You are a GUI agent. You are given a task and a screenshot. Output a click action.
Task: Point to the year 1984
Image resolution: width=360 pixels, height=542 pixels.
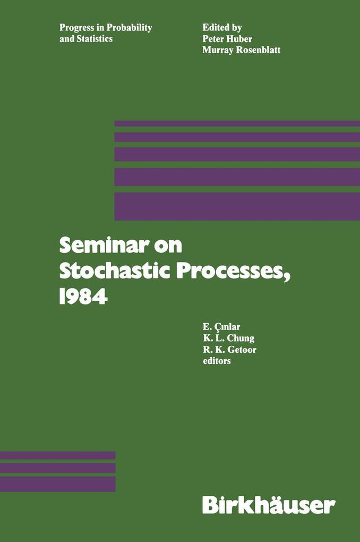pos(84,296)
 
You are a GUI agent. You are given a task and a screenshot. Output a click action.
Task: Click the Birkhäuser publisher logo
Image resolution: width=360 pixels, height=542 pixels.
pos(269,504)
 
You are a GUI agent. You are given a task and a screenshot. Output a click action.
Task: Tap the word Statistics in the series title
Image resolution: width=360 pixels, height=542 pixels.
pos(96,39)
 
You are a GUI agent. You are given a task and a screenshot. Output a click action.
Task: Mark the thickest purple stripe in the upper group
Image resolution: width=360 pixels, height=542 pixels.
pos(237,206)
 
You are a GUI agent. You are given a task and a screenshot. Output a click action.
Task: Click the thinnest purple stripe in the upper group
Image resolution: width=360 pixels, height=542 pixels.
pos(237,123)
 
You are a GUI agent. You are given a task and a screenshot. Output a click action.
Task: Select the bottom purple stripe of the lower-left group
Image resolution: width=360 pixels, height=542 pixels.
pos(57,484)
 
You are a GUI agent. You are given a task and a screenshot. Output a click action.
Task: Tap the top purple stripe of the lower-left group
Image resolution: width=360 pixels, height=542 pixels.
pos(57,455)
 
